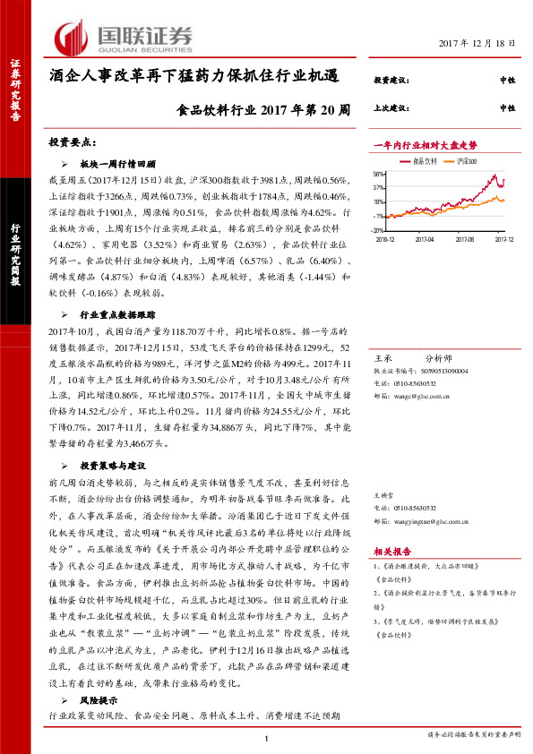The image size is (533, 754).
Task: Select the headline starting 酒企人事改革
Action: pyautogui.click(x=193, y=77)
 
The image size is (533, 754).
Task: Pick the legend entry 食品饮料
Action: pyautogui.click(x=425, y=161)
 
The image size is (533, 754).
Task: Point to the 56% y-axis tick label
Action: pyautogui.click(x=379, y=175)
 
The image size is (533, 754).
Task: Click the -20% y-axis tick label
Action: pyautogui.click(x=378, y=229)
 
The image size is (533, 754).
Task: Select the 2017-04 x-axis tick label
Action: pyautogui.click(x=425, y=239)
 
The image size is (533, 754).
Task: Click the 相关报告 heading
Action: pyautogui.click(x=391, y=553)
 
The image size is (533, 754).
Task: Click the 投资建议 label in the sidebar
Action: pyautogui.click(x=391, y=81)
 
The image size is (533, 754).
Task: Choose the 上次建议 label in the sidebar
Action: pyautogui.click(x=391, y=107)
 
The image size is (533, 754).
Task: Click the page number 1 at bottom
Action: pyautogui.click(x=267, y=737)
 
